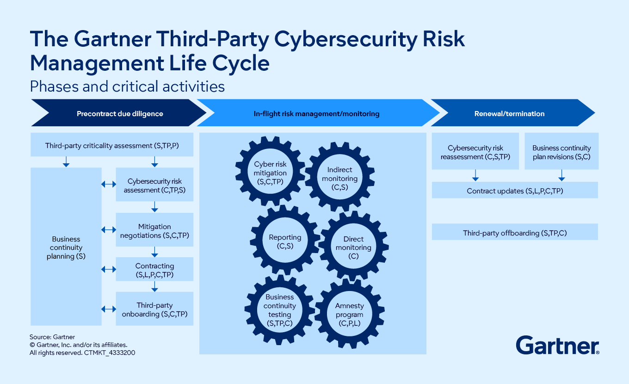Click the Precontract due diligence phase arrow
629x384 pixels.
tap(119, 113)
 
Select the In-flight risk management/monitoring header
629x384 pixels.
tap(316, 113)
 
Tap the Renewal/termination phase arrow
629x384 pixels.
tap(509, 113)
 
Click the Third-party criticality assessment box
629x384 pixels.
tap(112, 146)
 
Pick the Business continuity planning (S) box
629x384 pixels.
tap(66, 247)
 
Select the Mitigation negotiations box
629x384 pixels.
tap(154, 231)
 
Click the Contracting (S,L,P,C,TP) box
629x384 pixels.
tap(154, 270)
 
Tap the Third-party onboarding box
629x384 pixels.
tap(154, 310)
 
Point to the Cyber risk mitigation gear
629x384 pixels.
tap(270, 173)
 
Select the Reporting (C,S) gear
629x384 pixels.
tap(285, 241)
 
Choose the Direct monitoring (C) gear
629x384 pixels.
tap(353, 247)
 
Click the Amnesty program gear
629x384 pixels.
tap(349, 315)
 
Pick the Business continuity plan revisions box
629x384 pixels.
tap(561, 152)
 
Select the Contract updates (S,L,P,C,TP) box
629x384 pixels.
tap(515, 191)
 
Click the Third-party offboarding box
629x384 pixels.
tap(515, 233)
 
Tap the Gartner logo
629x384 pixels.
tap(557, 345)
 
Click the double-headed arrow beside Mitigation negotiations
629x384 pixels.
tap(109, 230)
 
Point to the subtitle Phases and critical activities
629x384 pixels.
tap(127, 87)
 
